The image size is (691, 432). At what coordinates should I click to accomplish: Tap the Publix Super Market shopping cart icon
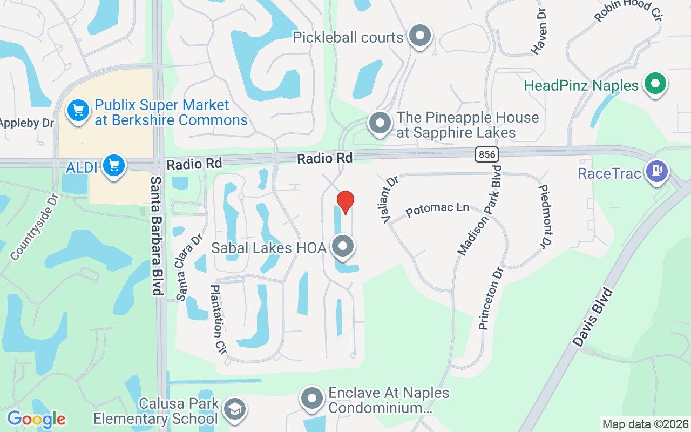(78, 111)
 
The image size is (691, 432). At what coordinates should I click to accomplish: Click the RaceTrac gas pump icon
(657, 172)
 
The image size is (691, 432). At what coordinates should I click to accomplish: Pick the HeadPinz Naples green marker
(655, 84)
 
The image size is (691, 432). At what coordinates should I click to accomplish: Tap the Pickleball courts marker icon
(420, 36)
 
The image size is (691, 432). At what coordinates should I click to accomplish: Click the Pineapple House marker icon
(380, 123)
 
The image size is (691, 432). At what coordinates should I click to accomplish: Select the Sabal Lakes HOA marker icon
(342, 247)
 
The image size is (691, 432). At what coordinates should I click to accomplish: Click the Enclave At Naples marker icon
(312, 399)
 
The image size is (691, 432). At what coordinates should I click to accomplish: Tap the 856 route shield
(487, 155)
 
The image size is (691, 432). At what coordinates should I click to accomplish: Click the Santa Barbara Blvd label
(157, 235)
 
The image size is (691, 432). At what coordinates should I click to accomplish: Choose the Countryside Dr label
(33, 227)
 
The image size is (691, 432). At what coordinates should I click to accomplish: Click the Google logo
(36, 419)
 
